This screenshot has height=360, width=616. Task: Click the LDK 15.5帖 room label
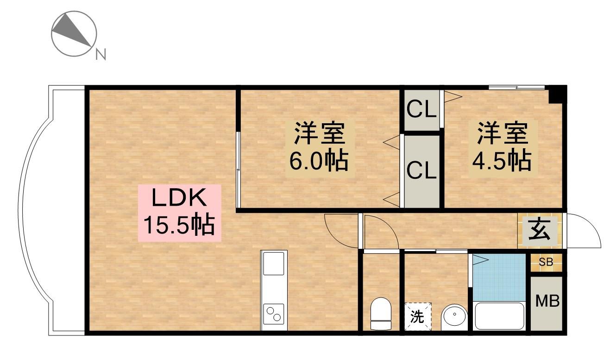[180, 212]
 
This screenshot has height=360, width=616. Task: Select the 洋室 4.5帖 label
[502, 146]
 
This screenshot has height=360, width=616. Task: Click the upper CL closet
[421, 110]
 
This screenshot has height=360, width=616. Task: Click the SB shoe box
[546, 262]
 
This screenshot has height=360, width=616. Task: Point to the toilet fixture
[381, 313]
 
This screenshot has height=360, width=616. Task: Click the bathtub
[499, 316]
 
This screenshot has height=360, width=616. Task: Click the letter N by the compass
[101, 55]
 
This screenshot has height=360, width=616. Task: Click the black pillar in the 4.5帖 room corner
[558, 95]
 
